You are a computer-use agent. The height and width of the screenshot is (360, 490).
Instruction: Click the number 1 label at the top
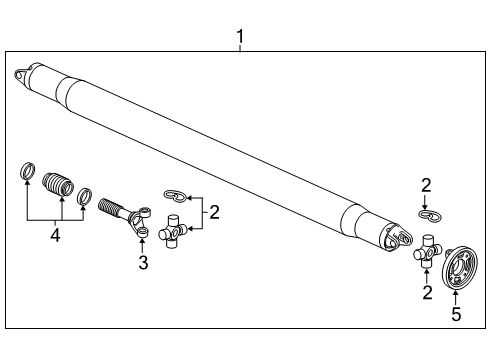240,37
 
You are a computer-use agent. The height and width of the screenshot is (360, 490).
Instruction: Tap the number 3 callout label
143,263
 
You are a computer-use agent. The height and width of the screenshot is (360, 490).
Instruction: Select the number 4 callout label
54,235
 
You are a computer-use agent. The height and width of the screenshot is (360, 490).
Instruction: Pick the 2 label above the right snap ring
425,185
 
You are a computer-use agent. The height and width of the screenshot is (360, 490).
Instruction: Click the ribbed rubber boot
59,186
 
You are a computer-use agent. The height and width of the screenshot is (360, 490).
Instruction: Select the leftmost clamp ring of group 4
29,171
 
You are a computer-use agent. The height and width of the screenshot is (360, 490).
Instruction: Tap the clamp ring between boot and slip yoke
86,196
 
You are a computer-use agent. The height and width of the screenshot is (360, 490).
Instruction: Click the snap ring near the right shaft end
430,215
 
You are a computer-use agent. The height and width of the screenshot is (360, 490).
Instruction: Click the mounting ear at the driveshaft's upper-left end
21,74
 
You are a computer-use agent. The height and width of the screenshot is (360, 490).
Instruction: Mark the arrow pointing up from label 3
143,245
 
